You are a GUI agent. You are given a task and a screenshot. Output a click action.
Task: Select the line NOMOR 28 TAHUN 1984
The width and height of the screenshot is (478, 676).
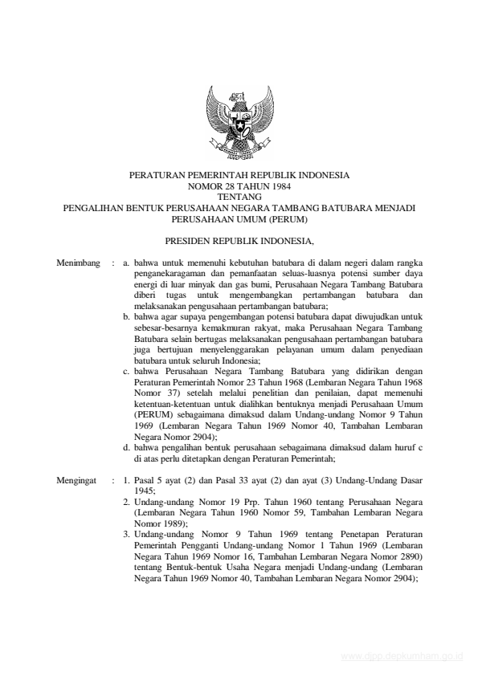click(239, 185)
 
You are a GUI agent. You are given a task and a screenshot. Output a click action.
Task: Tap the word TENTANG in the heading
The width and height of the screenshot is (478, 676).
click(239, 195)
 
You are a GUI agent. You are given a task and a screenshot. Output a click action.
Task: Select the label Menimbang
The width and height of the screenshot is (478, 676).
click(79, 263)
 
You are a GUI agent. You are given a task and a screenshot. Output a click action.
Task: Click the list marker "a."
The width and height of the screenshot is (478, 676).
click(128, 263)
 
